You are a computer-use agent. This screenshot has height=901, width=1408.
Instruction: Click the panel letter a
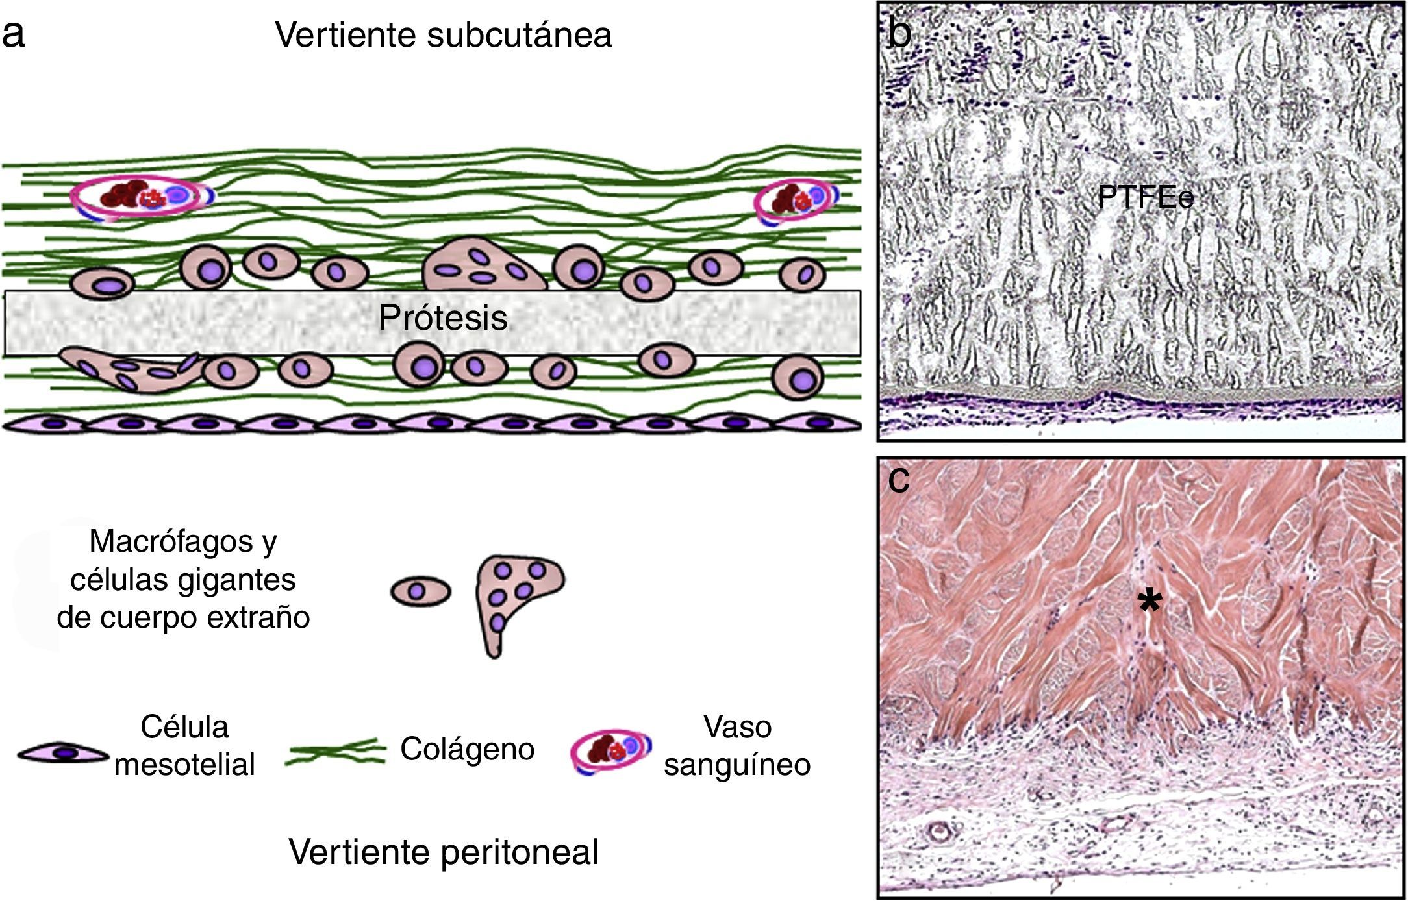point(14,34)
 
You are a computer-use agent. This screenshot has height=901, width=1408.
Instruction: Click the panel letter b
point(900,32)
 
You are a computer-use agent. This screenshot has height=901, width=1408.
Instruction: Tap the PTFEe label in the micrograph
point(1146,197)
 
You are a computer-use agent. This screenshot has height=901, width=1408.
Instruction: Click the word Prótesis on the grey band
point(443,318)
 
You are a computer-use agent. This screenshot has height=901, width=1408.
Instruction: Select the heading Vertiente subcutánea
point(443,34)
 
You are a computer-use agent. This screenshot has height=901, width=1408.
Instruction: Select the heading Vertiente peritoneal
point(444,851)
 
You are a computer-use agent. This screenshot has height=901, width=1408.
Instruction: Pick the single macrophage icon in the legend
point(420,591)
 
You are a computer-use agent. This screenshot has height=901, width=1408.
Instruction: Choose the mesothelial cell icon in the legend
point(64,753)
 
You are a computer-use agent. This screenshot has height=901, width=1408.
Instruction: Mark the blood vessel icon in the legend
point(610,751)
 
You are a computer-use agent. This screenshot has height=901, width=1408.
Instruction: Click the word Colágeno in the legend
point(467,748)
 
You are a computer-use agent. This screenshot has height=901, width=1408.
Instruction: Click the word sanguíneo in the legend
point(737,764)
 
